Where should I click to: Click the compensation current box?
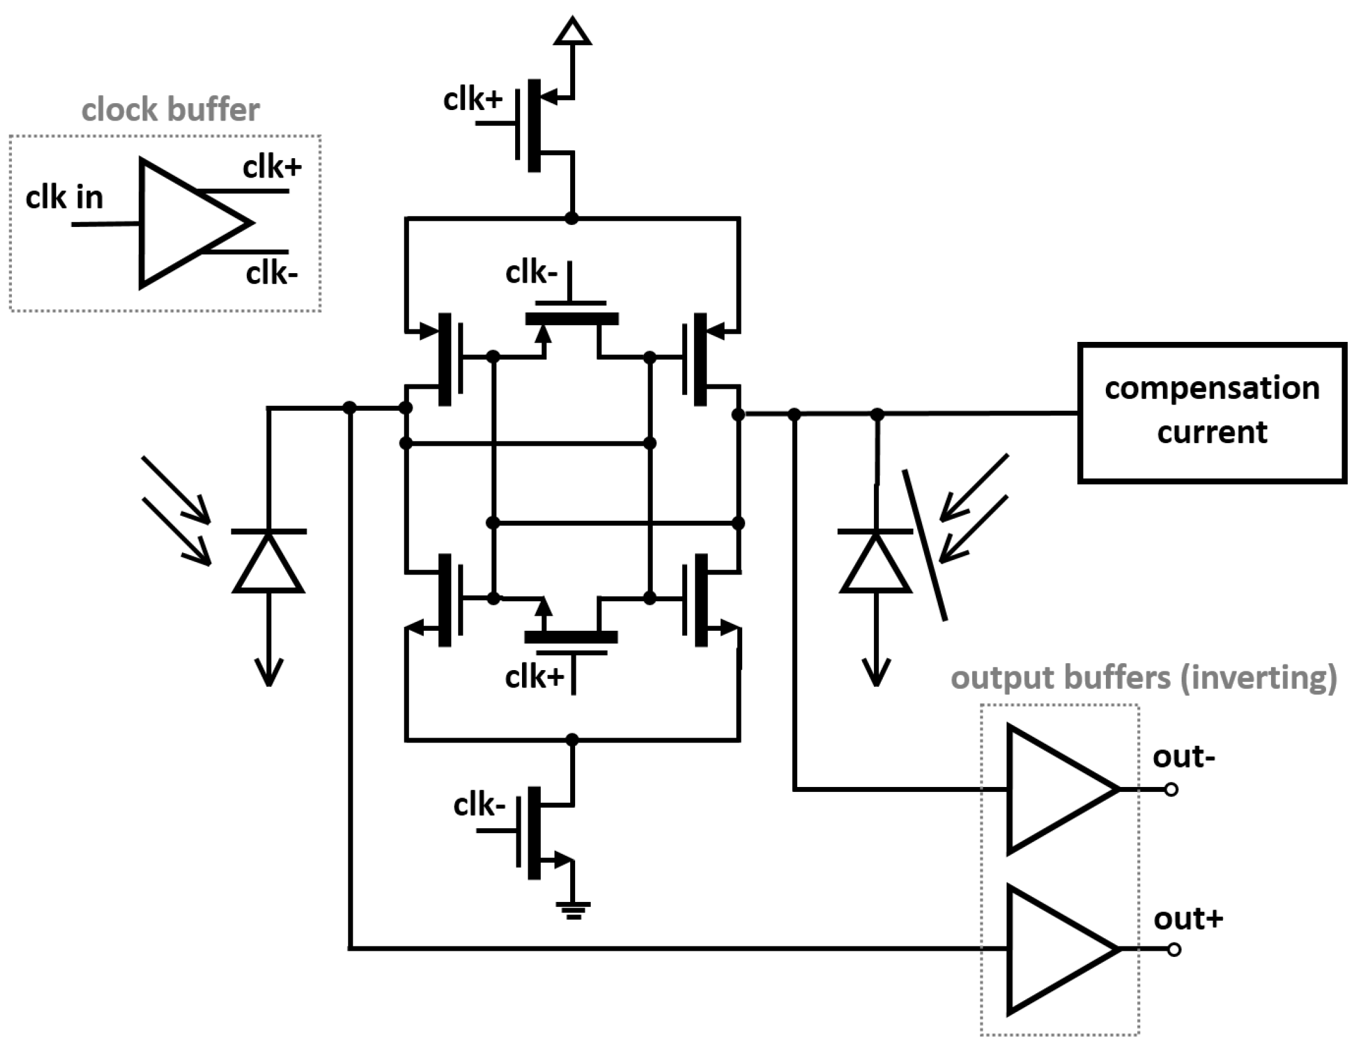1212,413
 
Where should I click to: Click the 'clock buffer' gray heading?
170,110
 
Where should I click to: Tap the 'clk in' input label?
64,198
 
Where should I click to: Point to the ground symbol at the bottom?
573,909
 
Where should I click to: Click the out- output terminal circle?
1172,789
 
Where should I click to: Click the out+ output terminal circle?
1174,950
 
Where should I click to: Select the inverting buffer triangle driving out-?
1057,789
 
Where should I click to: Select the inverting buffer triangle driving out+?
1057,950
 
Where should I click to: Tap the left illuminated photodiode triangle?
268,563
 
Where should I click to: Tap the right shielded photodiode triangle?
875,563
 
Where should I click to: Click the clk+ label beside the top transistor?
472,100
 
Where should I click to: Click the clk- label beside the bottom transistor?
479,805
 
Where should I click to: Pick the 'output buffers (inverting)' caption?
1143,678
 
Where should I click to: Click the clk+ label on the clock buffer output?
272,168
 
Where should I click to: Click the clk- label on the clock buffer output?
271,274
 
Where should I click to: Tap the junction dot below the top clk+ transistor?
571,218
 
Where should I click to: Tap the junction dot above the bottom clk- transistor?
572,739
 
